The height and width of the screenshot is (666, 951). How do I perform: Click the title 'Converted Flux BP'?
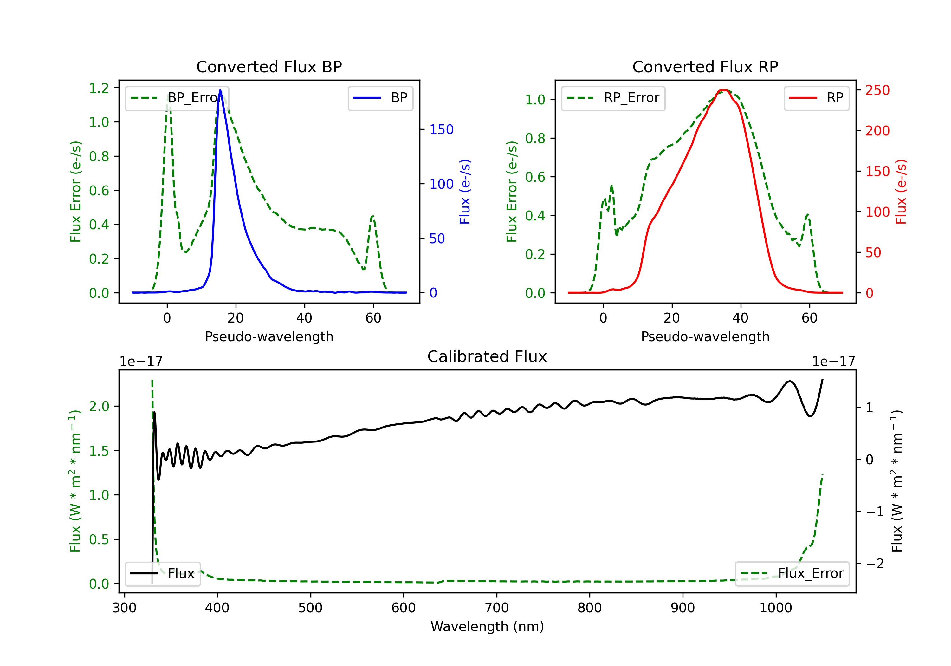click(x=269, y=67)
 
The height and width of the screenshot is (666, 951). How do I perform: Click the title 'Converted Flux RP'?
click(x=705, y=67)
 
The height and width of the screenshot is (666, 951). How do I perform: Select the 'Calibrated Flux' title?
click(x=487, y=356)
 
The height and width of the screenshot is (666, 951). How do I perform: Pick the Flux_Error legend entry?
click(x=792, y=574)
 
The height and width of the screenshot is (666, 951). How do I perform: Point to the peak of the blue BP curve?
click(x=220, y=90)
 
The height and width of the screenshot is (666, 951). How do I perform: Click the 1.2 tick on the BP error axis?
click(x=99, y=88)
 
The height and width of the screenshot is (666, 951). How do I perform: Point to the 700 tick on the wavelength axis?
click(x=497, y=608)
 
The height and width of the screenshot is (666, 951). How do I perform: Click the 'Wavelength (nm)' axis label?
click(x=487, y=626)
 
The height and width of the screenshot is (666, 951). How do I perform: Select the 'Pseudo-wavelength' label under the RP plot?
click(x=705, y=336)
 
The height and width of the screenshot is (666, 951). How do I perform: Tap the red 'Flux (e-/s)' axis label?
click(x=901, y=192)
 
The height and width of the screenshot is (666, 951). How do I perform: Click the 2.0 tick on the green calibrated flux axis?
click(x=99, y=406)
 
